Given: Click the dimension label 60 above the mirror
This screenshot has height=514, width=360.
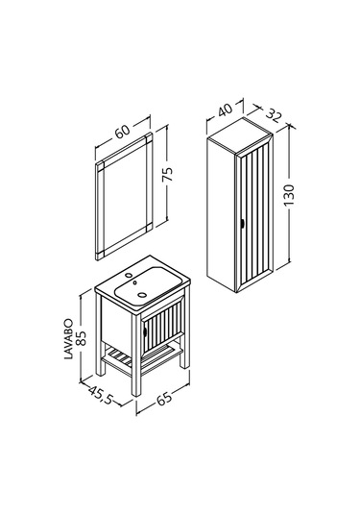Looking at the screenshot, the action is tap(123, 132).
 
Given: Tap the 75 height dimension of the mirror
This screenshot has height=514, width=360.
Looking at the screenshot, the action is tap(168, 174).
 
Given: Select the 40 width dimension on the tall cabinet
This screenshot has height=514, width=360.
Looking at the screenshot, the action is tap(225, 110).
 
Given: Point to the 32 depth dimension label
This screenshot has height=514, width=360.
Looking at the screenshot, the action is tap(274, 115).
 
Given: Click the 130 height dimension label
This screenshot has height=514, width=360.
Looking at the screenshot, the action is tap(290, 195).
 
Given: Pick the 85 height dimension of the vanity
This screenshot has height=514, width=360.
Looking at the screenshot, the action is tap(81, 337).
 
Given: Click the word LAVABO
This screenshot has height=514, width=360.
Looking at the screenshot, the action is tap(68, 338).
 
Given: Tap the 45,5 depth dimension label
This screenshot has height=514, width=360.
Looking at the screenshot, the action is tap(101, 395).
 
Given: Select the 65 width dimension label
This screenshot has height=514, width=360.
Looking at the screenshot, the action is tap(163, 399).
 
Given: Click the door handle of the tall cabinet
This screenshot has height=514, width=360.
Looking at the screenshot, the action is tap(242, 223).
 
